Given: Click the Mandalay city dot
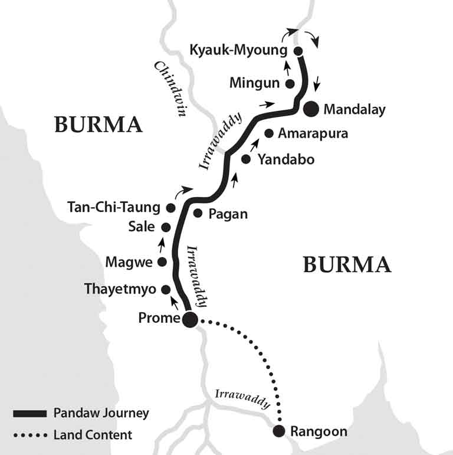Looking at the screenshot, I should (311, 109).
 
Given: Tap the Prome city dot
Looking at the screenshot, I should (190, 319).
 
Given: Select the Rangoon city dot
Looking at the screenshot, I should (279, 431).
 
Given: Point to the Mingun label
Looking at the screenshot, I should (254, 83).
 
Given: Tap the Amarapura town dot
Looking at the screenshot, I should (268, 133).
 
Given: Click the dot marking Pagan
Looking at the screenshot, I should (198, 214).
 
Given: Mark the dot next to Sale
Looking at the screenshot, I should (166, 227).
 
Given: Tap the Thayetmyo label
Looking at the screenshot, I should (120, 289).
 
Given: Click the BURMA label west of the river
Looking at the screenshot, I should (99, 125).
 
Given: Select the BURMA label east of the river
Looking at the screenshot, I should (347, 265).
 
